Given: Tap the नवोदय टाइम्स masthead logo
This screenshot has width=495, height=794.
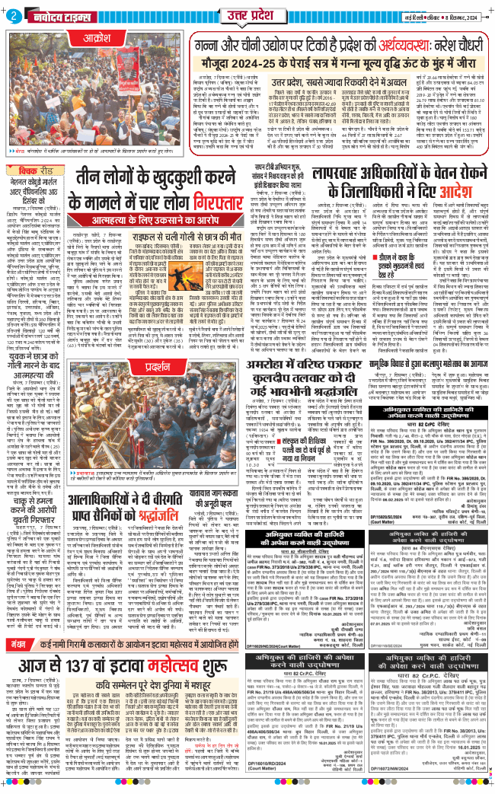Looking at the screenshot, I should pyautogui.click(x=62, y=15).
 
